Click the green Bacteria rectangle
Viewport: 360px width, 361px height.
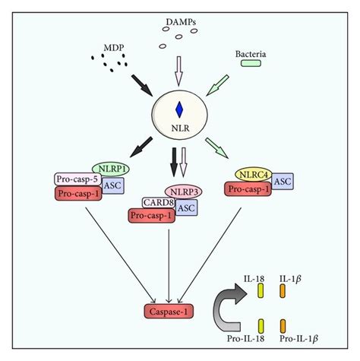[251, 63]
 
